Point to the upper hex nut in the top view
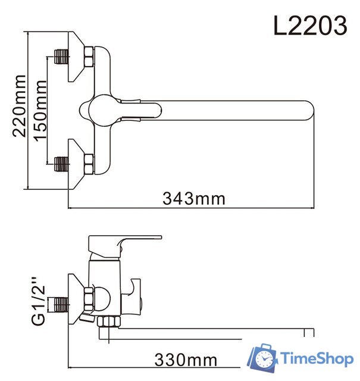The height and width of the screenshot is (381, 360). (x=88, y=58)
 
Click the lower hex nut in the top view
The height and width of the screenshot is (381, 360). (x=88, y=161)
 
